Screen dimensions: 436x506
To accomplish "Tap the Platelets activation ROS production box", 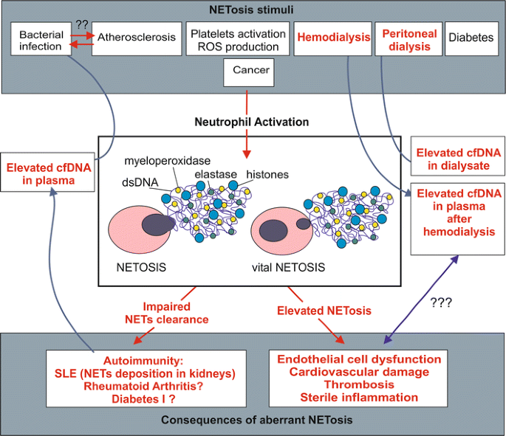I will click(236, 40).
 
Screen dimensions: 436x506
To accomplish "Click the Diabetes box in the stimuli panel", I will click(471, 40).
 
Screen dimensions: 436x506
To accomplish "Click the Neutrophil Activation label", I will click(252, 121).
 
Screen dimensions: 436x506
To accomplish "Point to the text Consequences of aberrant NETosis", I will click(253, 420).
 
